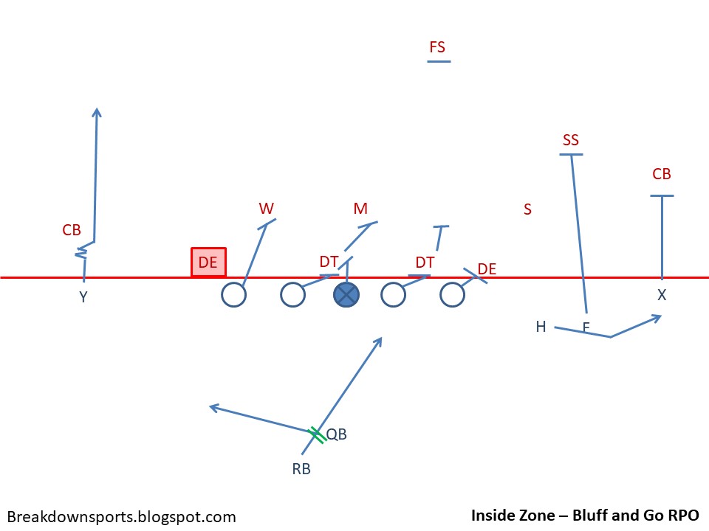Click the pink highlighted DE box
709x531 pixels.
[x=208, y=262]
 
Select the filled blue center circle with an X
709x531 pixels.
[x=346, y=295]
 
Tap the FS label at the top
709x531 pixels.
[x=437, y=48]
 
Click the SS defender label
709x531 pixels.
[x=570, y=140]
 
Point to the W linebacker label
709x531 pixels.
[x=266, y=209]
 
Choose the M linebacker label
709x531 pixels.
[x=360, y=209]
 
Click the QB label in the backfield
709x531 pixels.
[x=337, y=434]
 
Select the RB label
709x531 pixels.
[x=301, y=468]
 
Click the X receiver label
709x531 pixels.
[x=662, y=295]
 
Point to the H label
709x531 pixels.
[x=541, y=327]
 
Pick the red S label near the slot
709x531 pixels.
[x=527, y=209]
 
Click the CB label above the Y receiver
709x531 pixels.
[x=72, y=230]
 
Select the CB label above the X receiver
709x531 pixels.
[x=662, y=175]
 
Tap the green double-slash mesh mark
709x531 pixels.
[x=317, y=434]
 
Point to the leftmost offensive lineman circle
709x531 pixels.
[x=233, y=295]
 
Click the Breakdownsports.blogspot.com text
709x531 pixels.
[x=122, y=517]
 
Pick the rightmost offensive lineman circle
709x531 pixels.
[x=451, y=295]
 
